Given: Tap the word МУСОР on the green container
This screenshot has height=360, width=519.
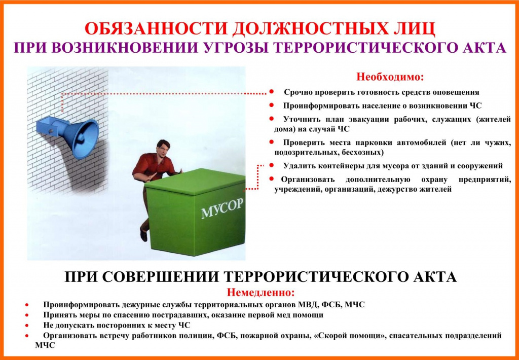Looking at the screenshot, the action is click(222, 208).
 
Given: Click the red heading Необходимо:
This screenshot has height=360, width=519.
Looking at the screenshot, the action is click(390, 77).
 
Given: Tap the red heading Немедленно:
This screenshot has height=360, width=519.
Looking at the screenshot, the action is click(261, 293).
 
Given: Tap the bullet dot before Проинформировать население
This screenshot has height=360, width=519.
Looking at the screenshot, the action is click(272, 105).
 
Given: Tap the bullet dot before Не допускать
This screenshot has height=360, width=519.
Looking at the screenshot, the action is click(27, 326).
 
